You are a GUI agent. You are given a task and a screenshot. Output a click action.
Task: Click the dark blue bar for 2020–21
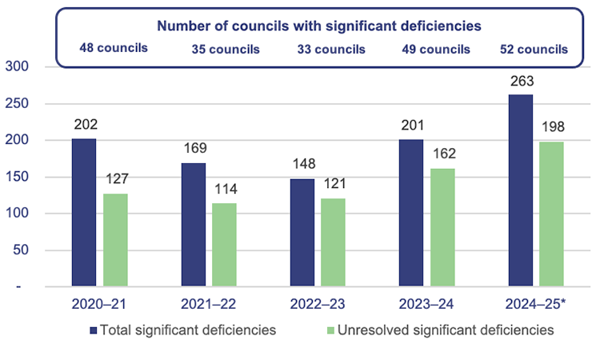[x=84, y=212]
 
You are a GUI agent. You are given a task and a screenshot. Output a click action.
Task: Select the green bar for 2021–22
[x=225, y=244]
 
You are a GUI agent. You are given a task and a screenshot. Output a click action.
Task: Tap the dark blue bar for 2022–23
[x=302, y=232]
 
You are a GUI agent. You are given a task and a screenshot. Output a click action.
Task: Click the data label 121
[x=334, y=184]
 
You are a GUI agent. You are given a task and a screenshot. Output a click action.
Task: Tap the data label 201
[x=412, y=126]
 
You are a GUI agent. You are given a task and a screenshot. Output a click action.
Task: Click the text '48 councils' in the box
[x=114, y=48]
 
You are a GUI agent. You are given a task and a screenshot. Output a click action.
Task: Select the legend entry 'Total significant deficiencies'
[x=185, y=329]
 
